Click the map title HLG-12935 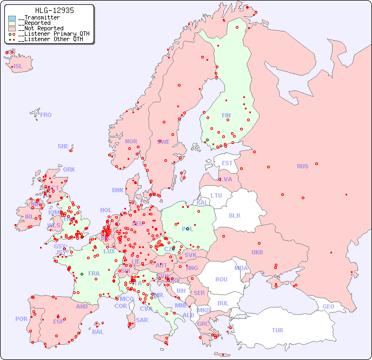(54, 10)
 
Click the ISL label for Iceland (18, 67)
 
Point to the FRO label (46, 115)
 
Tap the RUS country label (302, 166)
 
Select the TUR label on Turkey (277, 330)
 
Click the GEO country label (328, 306)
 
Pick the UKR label (257, 252)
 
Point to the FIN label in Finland (226, 115)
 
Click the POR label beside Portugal (21, 319)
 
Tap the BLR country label (234, 215)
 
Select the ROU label (221, 279)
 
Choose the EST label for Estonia (227, 163)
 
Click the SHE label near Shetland (63, 146)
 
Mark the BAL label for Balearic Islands (98, 332)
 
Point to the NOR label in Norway (131, 141)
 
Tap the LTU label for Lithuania (216, 195)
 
